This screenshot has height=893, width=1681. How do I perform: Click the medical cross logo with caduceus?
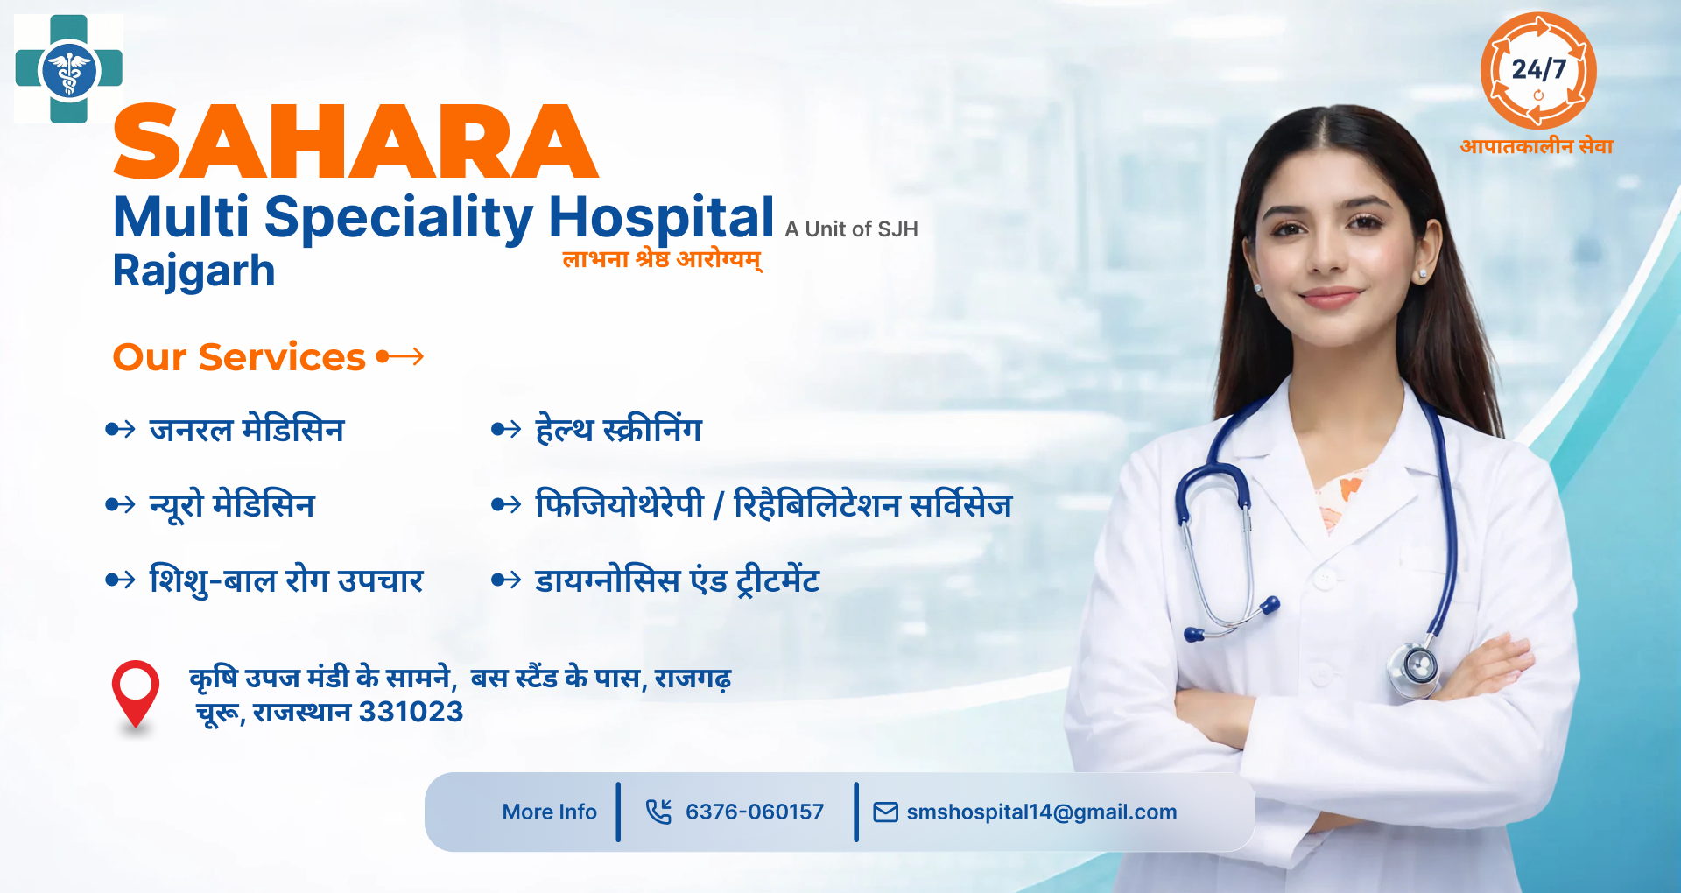pyautogui.click(x=68, y=69)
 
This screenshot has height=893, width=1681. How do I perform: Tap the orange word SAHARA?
pyautogui.click(x=355, y=142)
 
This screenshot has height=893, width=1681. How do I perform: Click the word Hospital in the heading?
pyautogui.click(x=661, y=216)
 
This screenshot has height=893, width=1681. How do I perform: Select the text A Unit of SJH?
pyautogui.click(x=851, y=229)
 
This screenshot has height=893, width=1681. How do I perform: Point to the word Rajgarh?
pyautogui.click(x=193, y=271)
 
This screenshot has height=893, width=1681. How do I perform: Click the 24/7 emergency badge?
pyautogui.click(x=1538, y=71)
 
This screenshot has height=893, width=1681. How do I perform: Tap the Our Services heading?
pyautogui.click(x=239, y=357)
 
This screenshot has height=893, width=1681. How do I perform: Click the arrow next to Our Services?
pyautogui.click(x=400, y=356)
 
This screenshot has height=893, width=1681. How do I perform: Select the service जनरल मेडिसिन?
pyautogui.click(x=247, y=430)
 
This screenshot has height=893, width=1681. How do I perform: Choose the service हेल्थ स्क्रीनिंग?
pyautogui.click(x=618, y=430)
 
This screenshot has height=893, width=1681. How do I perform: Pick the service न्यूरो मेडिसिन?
pyautogui.click(x=232, y=505)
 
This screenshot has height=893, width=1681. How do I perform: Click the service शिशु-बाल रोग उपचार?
pyautogui.click(x=286, y=580)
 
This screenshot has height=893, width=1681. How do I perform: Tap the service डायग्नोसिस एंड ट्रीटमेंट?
pyautogui.click(x=677, y=580)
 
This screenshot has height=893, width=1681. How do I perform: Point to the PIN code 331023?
pyautogui.click(x=411, y=712)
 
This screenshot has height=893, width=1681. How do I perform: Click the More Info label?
pyautogui.click(x=549, y=812)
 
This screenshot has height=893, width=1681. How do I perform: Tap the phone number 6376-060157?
pyautogui.click(x=754, y=812)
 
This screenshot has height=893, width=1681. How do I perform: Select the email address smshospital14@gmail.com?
pyautogui.click(x=1041, y=812)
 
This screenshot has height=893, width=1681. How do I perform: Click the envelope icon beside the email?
pyautogui.click(x=885, y=812)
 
